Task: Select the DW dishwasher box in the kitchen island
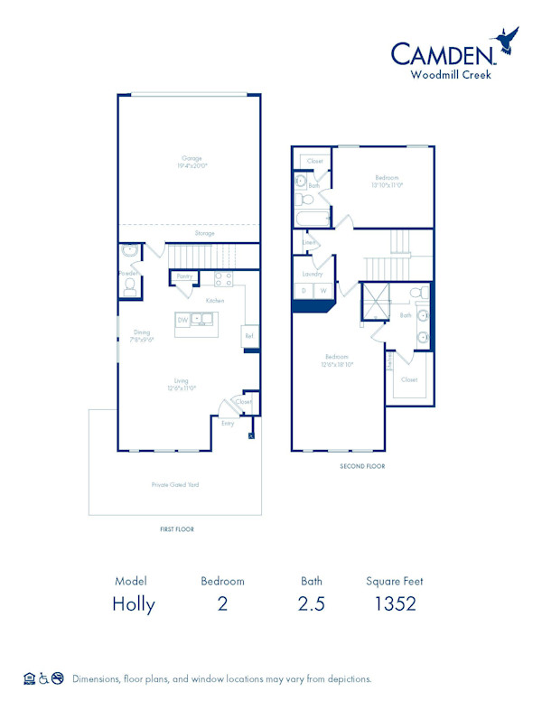click(183, 320)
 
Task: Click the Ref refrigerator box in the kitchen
click(248, 336)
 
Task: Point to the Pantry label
click(184, 276)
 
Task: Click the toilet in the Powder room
click(129, 285)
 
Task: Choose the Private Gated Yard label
click(175, 485)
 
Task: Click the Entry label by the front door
click(228, 422)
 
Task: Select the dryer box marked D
click(303, 291)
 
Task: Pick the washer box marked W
click(322, 291)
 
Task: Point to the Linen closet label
click(308, 242)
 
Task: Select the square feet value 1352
click(395, 604)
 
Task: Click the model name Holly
click(133, 604)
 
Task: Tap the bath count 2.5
click(311, 604)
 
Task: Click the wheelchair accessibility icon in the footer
click(42, 678)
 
